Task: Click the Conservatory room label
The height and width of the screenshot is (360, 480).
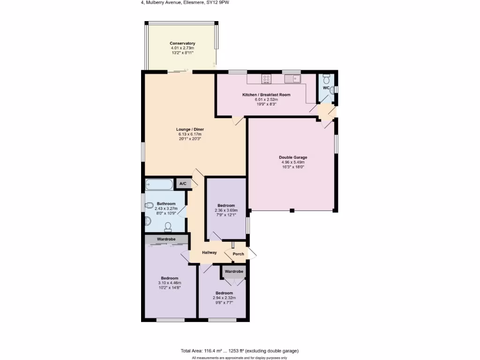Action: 182,43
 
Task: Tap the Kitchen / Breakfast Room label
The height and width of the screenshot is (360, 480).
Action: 266,95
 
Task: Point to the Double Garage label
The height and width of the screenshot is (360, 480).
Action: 292,157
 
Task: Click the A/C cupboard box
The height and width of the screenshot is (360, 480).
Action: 183,184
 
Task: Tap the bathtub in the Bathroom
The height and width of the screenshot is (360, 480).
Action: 158,184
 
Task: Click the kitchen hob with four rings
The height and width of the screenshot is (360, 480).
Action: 266,79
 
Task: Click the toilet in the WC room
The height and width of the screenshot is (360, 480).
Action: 327,77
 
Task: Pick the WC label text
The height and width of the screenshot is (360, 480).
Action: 326,88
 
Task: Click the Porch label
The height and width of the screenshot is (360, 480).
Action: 238,254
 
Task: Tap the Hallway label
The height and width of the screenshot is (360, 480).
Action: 209,253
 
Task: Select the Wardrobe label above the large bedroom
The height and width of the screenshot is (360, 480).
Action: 166,239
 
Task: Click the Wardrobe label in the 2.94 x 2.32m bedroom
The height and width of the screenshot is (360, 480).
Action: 234,271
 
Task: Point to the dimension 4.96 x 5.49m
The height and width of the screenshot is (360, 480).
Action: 292,162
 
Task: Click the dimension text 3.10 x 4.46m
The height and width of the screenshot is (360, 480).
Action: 170,283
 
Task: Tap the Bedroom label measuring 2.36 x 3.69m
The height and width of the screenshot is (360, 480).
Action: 226,205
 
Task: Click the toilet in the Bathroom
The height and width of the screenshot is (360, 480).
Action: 168,227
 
